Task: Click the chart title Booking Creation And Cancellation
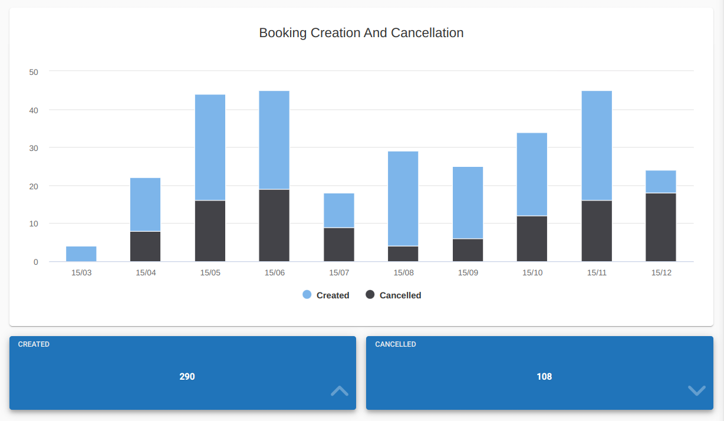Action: pos(361,33)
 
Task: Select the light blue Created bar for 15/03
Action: pos(81,254)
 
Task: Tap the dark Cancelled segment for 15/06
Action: pos(274,225)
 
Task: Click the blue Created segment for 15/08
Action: pos(403,199)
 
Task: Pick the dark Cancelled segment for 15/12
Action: pos(661,227)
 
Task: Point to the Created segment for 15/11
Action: pos(597,146)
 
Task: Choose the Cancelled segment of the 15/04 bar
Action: pos(146,246)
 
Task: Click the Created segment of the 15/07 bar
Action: pos(339,210)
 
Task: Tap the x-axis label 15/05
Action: pos(210,273)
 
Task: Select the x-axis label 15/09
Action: pos(468,273)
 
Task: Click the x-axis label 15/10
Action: pos(532,273)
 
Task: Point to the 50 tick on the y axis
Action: pos(34,72)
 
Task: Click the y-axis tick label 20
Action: pos(34,186)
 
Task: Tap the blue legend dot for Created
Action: pos(307,295)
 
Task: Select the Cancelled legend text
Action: pos(400,295)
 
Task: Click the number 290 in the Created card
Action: pos(187,376)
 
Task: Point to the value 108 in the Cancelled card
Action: pos(544,376)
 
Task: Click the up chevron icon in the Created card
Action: pos(340,390)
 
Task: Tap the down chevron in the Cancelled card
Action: pos(697,390)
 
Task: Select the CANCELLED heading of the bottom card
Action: pos(396,344)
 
